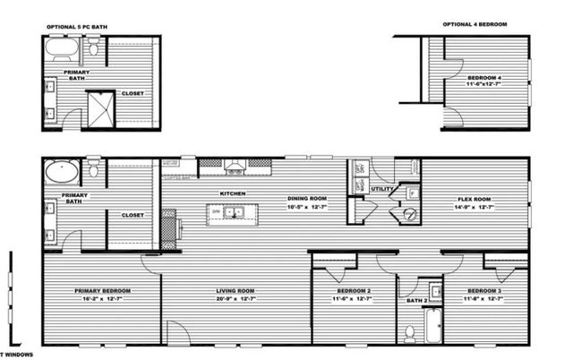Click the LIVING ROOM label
pyautogui.click(x=235, y=291)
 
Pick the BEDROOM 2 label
pyautogui.click(x=355, y=291)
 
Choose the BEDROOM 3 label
pyautogui.click(x=483, y=291)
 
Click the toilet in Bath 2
pyautogui.click(x=409, y=332)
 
